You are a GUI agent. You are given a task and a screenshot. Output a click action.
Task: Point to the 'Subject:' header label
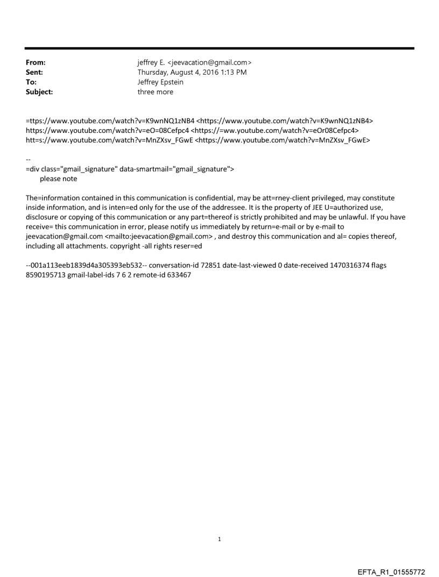(39, 91)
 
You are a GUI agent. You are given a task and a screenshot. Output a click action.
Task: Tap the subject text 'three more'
(155, 91)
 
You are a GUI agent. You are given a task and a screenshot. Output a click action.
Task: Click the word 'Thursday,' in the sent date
(155, 73)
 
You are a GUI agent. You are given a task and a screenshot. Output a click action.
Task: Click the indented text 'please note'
(58, 179)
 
